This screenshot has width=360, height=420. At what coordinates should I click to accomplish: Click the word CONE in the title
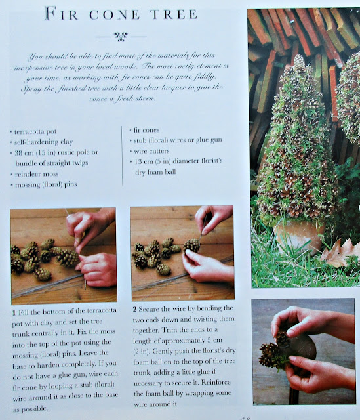pos(114,14)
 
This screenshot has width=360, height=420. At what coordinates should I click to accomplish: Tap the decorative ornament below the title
pos(121,37)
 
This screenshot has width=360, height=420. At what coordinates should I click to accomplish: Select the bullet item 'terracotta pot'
pos(35,131)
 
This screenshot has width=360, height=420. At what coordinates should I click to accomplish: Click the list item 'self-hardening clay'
pos(43,142)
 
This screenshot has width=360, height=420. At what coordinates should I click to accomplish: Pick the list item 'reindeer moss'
pos(37,174)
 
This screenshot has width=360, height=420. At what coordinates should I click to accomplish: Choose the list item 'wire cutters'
pos(151,151)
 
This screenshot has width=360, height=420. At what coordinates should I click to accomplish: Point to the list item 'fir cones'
pos(146,130)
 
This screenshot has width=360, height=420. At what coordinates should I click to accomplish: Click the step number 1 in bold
pos(14,312)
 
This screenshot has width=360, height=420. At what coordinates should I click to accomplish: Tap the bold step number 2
pos(135,309)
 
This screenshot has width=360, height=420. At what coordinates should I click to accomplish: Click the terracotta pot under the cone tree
pos(299,235)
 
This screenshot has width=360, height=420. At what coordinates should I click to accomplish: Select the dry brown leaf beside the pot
pos(340,253)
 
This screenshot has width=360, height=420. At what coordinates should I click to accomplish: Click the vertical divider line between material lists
pos(122,156)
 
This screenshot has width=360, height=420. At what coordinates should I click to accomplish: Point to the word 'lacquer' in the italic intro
pos(174,88)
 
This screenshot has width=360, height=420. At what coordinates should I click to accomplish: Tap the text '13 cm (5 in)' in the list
pos(152,161)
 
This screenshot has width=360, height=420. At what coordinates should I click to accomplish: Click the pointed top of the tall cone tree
pos(299,56)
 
